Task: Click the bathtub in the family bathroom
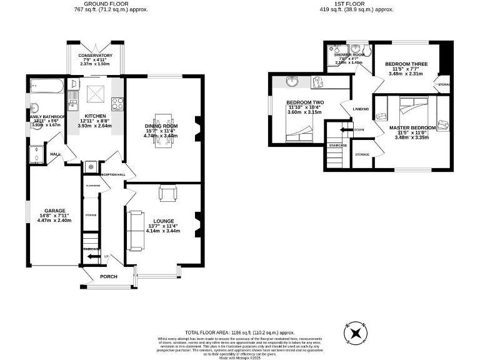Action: pyautogui.click(x=46, y=85)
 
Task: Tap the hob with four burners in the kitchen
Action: pyautogui.click(x=117, y=104)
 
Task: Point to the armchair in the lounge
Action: pyautogui.click(x=167, y=194)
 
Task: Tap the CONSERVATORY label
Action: pyautogui.click(x=95, y=56)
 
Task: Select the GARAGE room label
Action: pyautogui.click(x=54, y=211)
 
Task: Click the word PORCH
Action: pyautogui.click(x=109, y=276)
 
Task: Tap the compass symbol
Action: pyautogui.click(x=357, y=332)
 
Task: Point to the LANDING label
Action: pyautogui.click(x=361, y=109)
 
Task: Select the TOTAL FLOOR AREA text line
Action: pyautogui.click(x=239, y=333)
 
